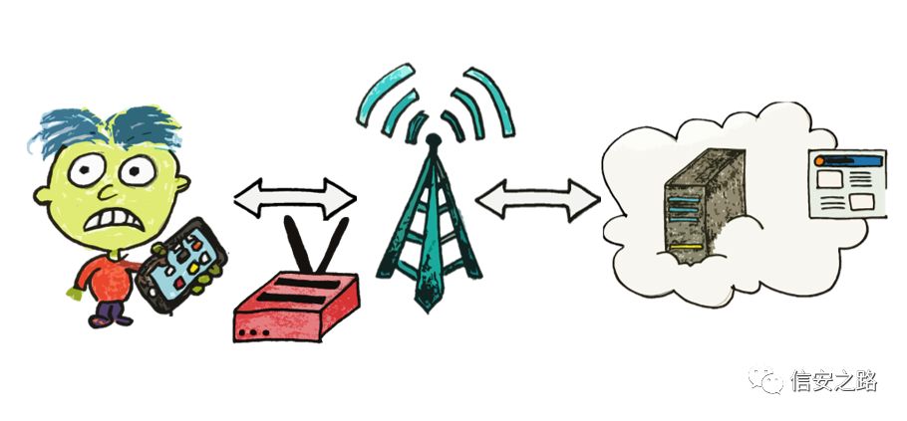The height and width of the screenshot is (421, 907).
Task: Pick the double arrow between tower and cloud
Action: [537, 197]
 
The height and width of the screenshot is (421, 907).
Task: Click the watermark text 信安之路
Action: [833, 381]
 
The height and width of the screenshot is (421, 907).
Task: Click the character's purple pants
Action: [110, 311]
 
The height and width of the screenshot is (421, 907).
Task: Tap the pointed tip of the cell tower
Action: [431, 140]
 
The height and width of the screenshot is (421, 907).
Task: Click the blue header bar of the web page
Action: [848, 159]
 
